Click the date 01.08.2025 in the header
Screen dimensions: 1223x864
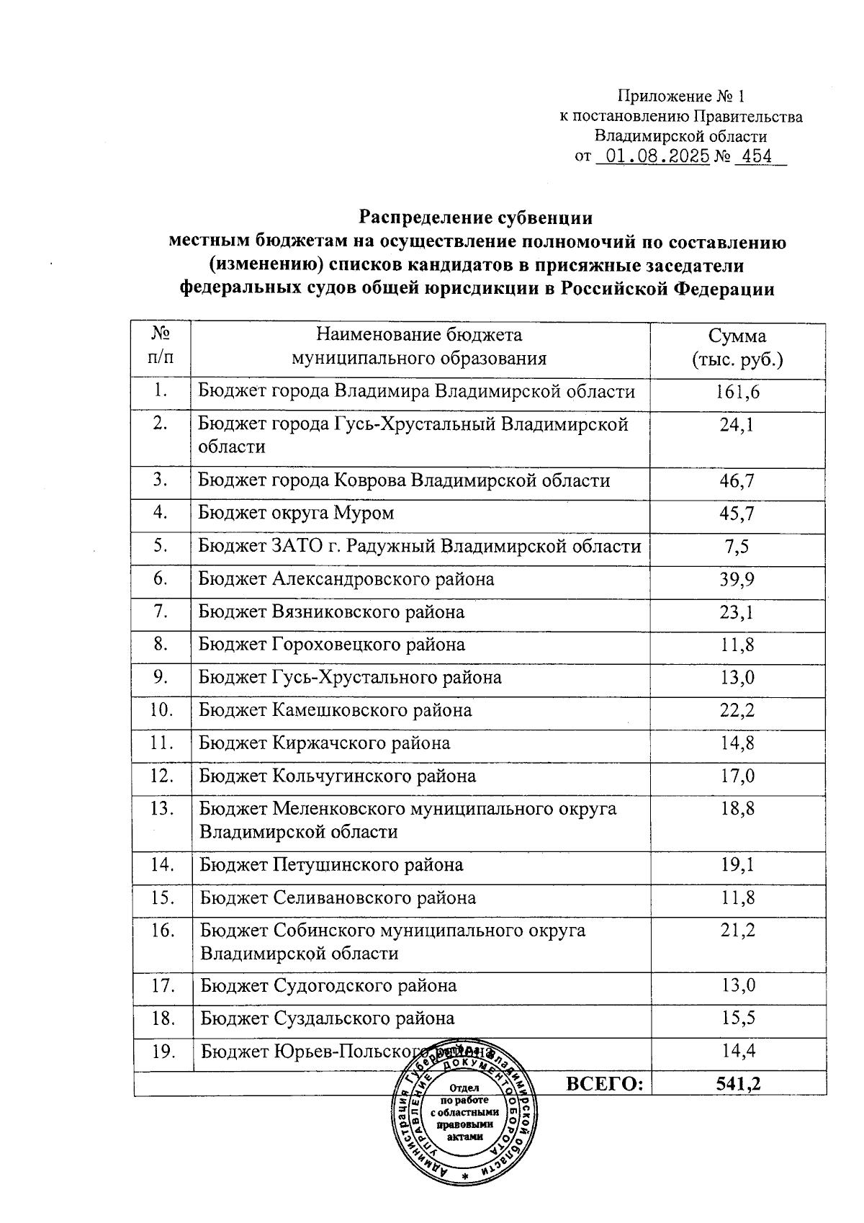654,156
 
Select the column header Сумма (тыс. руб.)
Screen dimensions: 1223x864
737,348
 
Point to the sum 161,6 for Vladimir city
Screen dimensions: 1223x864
737,392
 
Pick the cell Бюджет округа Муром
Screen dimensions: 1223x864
296,514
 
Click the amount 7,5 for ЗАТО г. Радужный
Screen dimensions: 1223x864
737,547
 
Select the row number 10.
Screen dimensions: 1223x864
162,710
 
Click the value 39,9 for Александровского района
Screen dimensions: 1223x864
737,579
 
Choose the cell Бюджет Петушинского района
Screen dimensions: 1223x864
331,864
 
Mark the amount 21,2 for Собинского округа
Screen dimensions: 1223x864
737,931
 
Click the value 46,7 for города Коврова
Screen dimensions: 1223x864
737,481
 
